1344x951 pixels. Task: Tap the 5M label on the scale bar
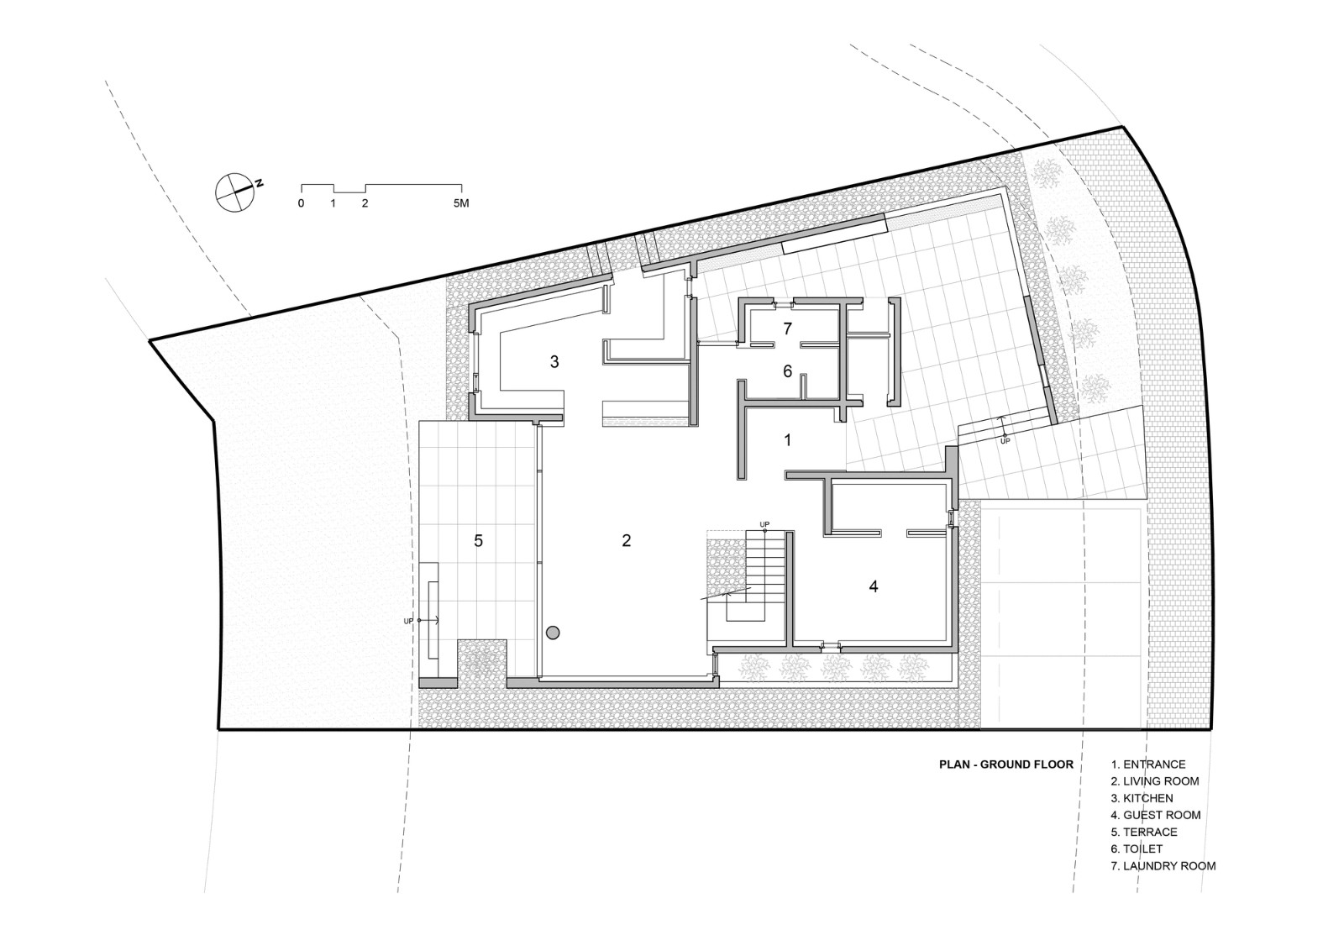(x=460, y=203)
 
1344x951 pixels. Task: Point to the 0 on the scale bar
(x=301, y=203)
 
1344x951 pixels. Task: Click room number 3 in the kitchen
(x=554, y=362)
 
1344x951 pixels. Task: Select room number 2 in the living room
(x=626, y=540)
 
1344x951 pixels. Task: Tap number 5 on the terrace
(x=478, y=540)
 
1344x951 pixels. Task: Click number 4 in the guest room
(x=874, y=586)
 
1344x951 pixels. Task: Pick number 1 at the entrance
(x=787, y=439)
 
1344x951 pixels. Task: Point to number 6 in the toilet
(x=787, y=370)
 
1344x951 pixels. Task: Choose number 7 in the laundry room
(x=787, y=328)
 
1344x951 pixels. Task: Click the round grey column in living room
(x=553, y=633)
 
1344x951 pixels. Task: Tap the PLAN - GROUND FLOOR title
(x=1005, y=764)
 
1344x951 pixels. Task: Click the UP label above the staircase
(x=764, y=524)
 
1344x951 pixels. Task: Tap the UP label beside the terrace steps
(x=409, y=621)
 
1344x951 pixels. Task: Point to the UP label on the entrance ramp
(x=1005, y=440)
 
